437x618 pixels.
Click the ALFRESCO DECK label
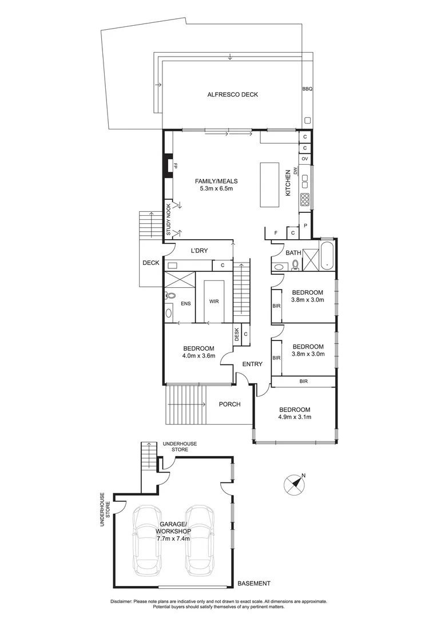click(x=232, y=94)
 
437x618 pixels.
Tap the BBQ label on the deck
click(x=307, y=89)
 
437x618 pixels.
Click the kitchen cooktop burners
click(x=305, y=200)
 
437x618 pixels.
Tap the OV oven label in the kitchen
click(x=305, y=159)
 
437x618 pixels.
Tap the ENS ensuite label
click(x=186, y=304)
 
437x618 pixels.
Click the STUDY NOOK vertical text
click(x=169, y=220)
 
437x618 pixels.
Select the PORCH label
click(x=229, y=405)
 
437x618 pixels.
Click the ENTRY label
click(x=252, y=364)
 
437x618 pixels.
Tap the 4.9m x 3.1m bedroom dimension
click(x=294, y=418)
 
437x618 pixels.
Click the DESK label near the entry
click(x=236, y=334)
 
